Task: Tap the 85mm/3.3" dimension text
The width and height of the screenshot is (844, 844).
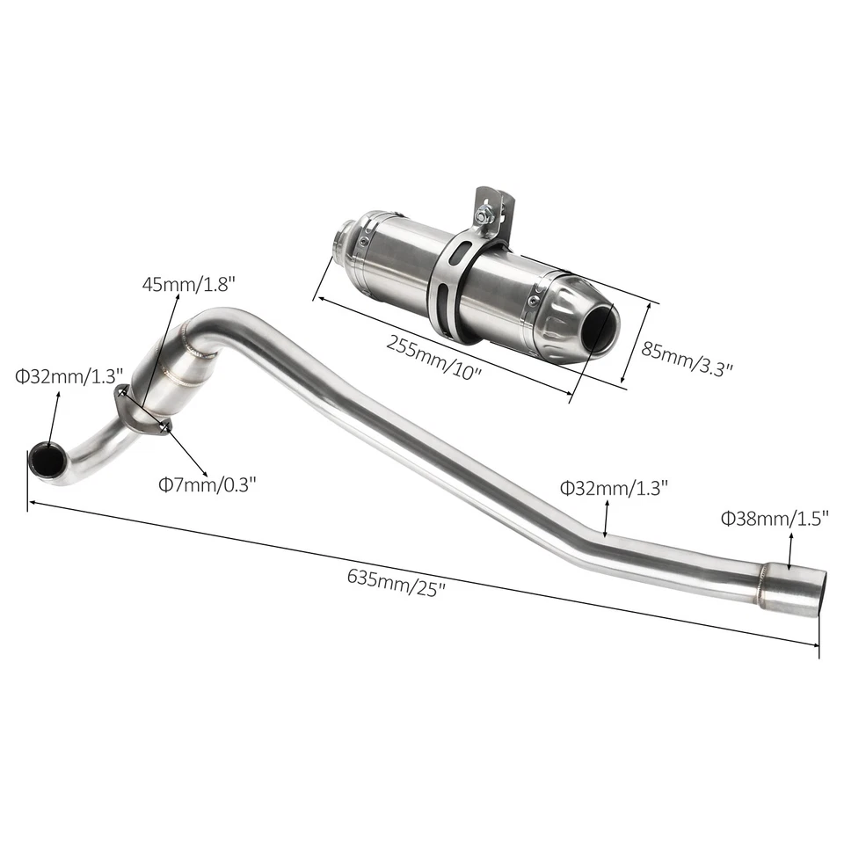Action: (687, 359)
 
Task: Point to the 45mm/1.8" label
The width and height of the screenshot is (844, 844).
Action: (190, 284)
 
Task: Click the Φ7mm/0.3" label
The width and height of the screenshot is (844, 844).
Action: (207, 483)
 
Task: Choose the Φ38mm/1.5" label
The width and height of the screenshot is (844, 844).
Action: (775, 519)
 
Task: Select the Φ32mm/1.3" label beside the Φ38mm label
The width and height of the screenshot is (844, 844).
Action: (615, 486)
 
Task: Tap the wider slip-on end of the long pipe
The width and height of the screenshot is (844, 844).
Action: (794, 589)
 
